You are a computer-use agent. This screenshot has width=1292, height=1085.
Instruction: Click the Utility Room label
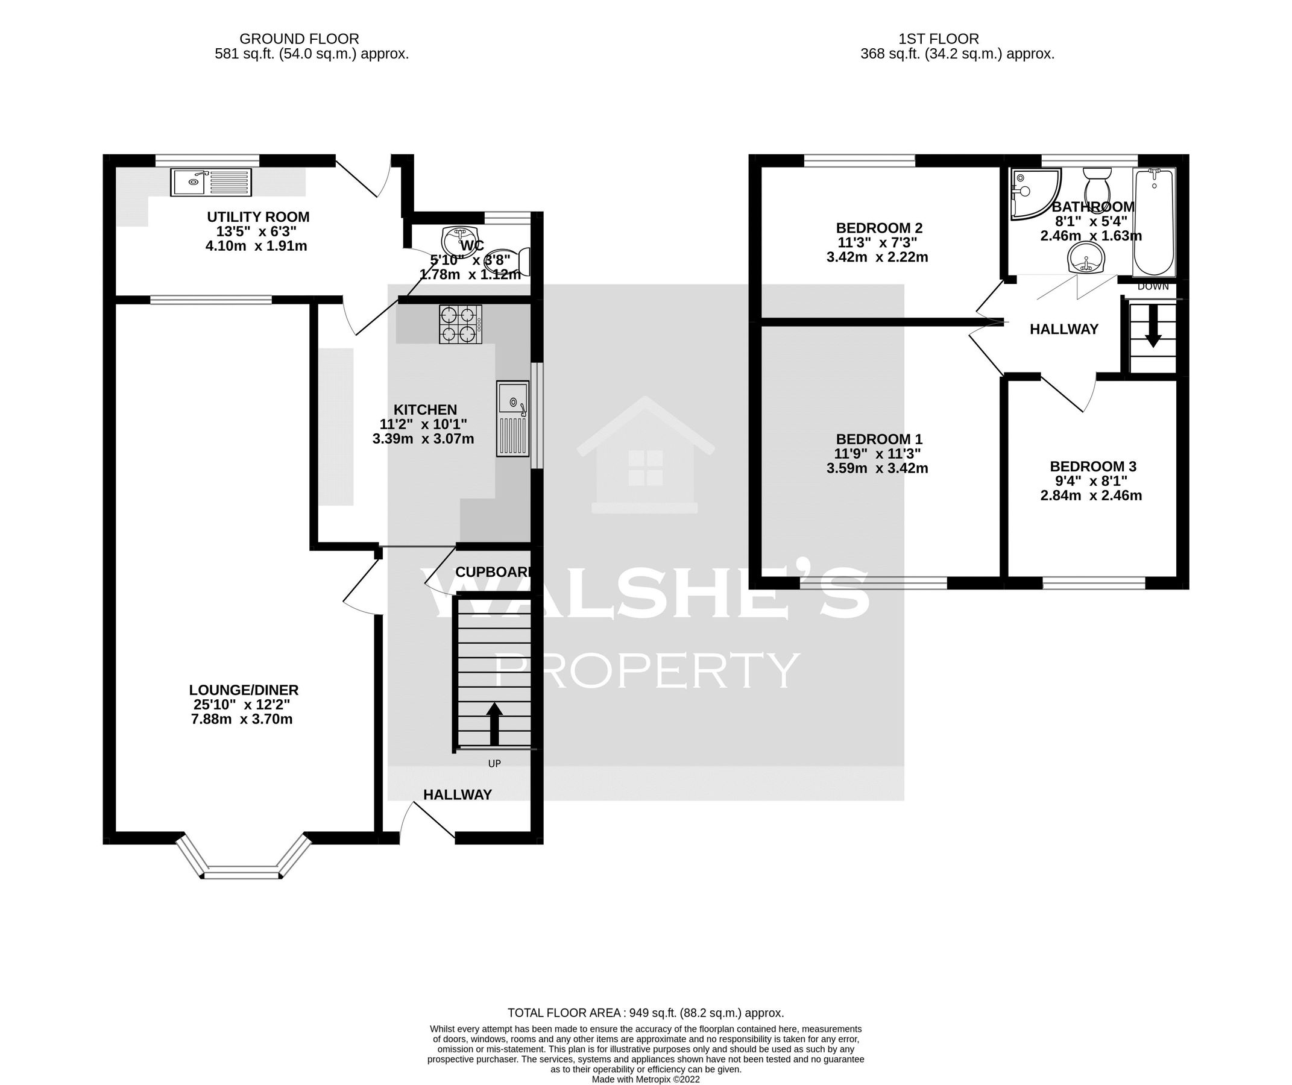[x=258, y=217]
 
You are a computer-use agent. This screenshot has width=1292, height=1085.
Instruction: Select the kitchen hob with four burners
[x=460, y=324]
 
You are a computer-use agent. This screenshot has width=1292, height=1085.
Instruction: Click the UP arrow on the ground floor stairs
[x=494, y=724]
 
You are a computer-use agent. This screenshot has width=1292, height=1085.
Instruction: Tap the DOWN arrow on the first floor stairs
[x=1152, y=333]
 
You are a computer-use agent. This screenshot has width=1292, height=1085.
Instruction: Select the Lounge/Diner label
[x=244, y=690]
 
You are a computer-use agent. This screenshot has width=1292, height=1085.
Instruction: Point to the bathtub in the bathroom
[x=1153, y=221]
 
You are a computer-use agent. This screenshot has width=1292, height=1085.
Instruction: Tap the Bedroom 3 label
[x=1092, y=467]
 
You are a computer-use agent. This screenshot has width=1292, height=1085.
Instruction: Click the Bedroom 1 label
[x=878, y=439]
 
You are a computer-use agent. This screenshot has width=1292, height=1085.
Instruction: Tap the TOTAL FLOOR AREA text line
[x=645, y=1013]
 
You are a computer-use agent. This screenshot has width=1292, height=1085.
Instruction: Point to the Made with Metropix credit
[x=645, y=1079]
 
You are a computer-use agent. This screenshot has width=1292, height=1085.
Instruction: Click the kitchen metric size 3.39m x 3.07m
[x=423, y=439]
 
